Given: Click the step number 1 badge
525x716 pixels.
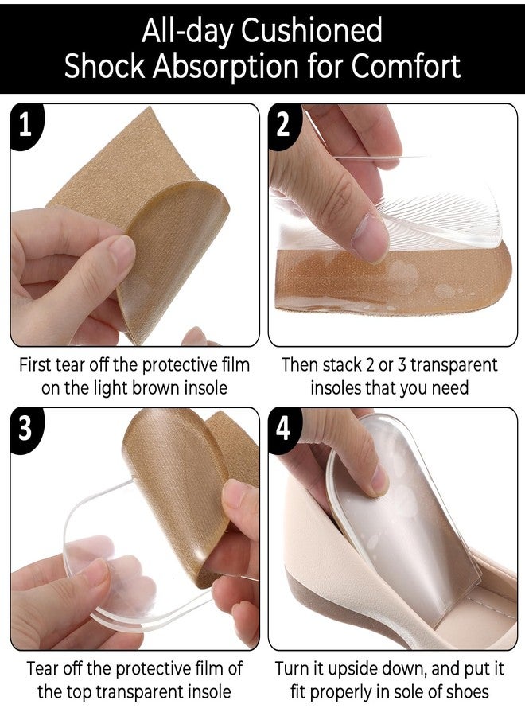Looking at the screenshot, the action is tap(26, 125).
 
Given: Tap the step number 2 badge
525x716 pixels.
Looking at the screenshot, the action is tap(284, 125).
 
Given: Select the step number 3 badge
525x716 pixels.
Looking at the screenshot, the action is tap(26, 429).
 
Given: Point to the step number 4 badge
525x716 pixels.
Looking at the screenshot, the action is tap(284, 429).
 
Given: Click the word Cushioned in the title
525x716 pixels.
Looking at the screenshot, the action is tap(311, 30).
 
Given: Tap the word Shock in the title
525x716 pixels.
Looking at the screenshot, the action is tap(104, 66).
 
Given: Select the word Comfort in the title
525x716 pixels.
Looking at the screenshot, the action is tap(406, 66).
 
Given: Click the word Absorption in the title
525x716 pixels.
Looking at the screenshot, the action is tap(226, 68).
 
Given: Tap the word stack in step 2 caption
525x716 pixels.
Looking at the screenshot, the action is tap(342, 365).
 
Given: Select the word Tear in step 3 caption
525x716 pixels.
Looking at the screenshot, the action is tap(43, 668).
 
